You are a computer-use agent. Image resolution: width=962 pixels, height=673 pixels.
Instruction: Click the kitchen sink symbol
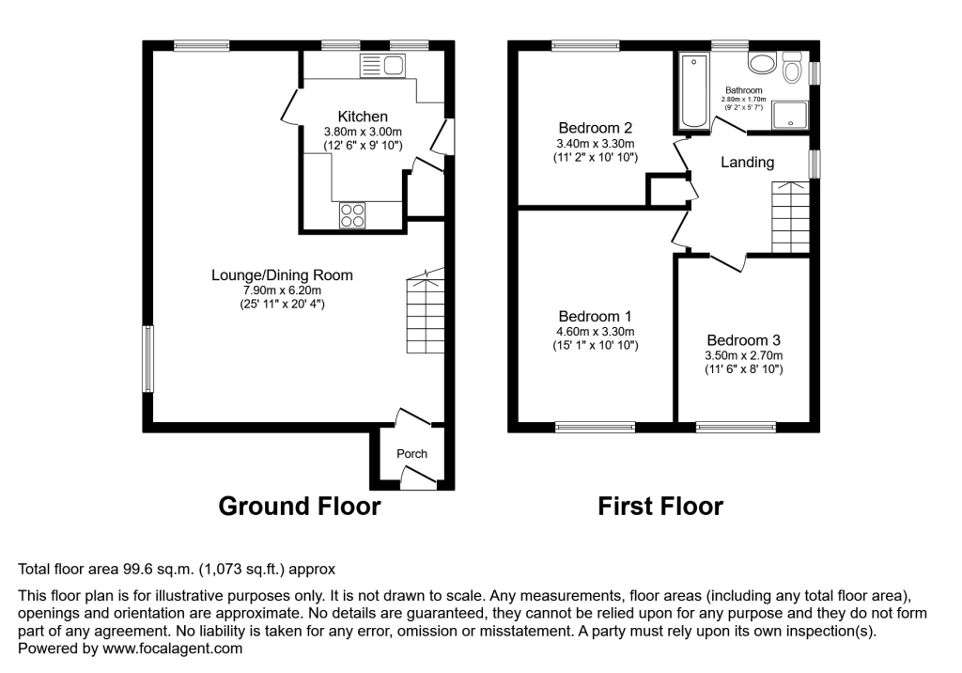click(x=381, y=65)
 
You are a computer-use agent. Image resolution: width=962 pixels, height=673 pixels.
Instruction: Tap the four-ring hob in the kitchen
click(x=352, y=215)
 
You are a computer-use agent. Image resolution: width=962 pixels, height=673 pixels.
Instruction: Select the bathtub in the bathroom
click(x=695, y=90)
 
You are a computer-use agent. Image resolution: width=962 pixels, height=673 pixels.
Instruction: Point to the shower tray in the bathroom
click(x=791, y=115)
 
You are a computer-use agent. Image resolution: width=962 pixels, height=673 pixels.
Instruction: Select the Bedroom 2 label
click(x=595, y=128)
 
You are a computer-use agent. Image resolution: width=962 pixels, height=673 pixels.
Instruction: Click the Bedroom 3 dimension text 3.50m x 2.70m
click(x=744, y=355)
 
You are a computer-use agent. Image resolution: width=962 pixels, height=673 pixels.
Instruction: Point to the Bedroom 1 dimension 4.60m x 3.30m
click(x=595, y=332)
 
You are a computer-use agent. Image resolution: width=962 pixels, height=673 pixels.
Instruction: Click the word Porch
click(x=411, y=454)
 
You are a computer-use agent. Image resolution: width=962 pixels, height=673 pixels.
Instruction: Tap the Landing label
click(x=747, y=163)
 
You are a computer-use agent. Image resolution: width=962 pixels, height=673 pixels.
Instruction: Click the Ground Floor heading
click(x=299, y=507)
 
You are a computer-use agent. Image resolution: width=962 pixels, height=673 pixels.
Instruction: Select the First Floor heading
click(x=660, y=507)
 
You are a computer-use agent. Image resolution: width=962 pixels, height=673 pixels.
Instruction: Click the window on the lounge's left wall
click(x=147, y=359)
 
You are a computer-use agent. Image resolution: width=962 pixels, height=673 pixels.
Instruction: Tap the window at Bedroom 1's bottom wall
click(x=595, y=428)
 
